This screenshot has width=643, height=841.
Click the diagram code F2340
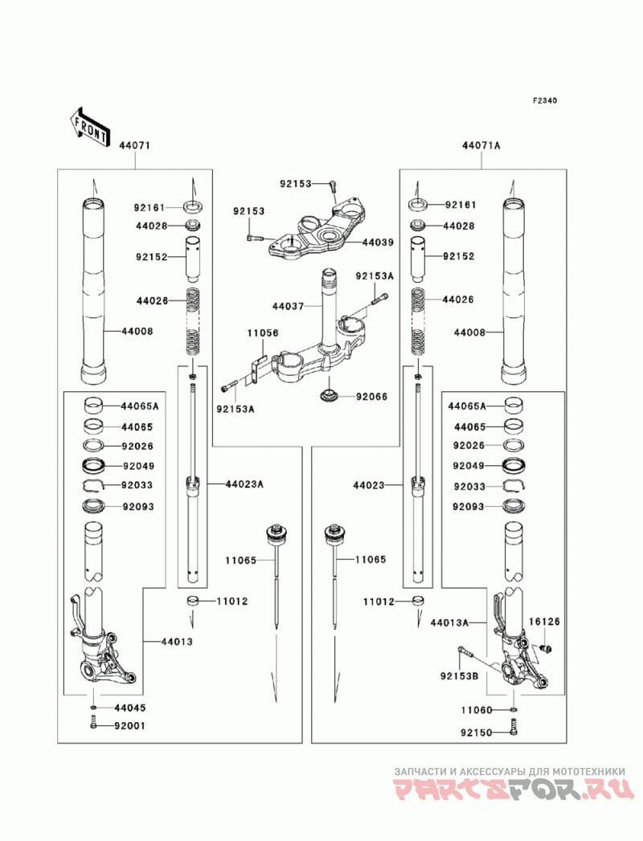544,100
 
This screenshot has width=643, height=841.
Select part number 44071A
481,145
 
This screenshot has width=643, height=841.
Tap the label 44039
377,242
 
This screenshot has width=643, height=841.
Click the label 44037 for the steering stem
289,306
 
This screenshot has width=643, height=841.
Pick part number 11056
263,333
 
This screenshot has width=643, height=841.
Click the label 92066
371,396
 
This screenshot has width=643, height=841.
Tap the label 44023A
244,484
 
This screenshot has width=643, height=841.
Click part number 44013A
449,623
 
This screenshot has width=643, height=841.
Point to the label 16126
543,622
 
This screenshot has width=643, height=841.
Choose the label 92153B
459,676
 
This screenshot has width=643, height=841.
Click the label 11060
476,710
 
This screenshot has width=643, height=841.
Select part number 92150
476,732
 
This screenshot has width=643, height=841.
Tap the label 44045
129,708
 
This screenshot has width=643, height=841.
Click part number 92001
129,725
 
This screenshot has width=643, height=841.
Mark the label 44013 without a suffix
177,642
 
